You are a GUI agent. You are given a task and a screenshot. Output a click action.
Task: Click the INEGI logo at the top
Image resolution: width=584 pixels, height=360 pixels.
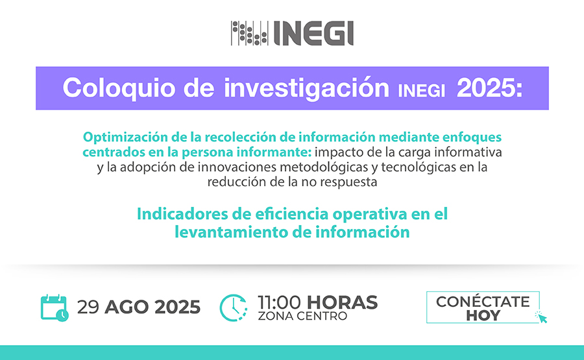point(292,33)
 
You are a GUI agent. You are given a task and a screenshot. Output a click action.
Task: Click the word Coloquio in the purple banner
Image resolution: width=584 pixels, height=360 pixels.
point(119,89)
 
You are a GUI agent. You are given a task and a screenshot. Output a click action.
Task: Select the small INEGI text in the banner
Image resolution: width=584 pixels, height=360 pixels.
point(421,91)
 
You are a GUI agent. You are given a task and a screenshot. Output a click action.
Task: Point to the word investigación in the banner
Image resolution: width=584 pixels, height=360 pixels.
point(306,89)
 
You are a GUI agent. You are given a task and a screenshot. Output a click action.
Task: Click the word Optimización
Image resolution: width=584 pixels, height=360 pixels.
point(125,138)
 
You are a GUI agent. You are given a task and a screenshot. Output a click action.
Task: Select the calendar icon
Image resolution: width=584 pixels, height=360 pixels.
point(55,307)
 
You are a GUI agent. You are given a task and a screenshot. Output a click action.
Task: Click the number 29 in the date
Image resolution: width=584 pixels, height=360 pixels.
point(88,307)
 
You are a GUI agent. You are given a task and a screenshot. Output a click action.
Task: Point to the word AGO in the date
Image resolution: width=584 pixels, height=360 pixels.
point(127,307)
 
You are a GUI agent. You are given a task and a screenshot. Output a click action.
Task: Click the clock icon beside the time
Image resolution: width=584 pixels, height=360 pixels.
point(234,307)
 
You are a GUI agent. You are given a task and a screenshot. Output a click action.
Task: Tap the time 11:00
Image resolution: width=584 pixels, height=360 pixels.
point(279,302)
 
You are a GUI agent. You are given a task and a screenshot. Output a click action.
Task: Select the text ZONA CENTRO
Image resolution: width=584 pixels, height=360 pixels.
point(302,316)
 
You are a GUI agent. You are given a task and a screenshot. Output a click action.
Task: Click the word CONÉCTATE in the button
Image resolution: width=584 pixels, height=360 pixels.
point(483,301)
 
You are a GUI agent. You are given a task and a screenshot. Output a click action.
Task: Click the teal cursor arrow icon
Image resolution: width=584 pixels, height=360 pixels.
point(542,317)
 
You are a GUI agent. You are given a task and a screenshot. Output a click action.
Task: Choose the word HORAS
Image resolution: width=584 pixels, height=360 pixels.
point(342,302)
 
